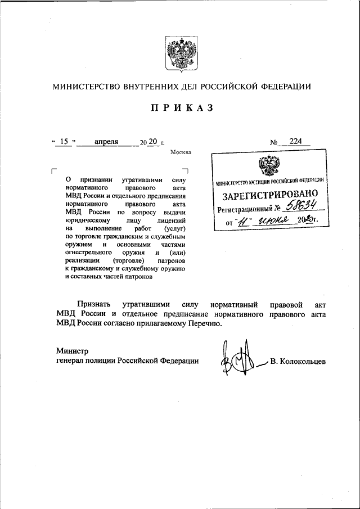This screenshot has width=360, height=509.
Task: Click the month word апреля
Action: (x=106, y=142)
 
